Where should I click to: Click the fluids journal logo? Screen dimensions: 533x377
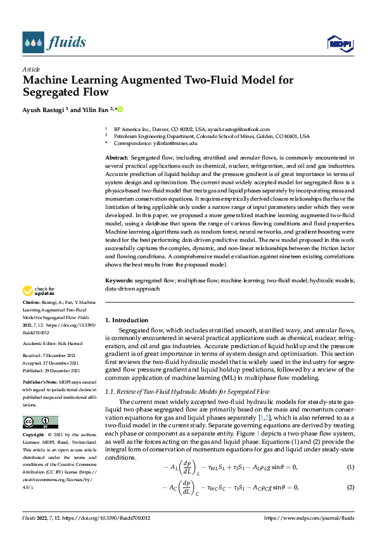click(54, 42)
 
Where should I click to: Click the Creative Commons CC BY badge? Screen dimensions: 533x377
click(40, 422)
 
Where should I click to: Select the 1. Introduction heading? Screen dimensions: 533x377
click(127, 320)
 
